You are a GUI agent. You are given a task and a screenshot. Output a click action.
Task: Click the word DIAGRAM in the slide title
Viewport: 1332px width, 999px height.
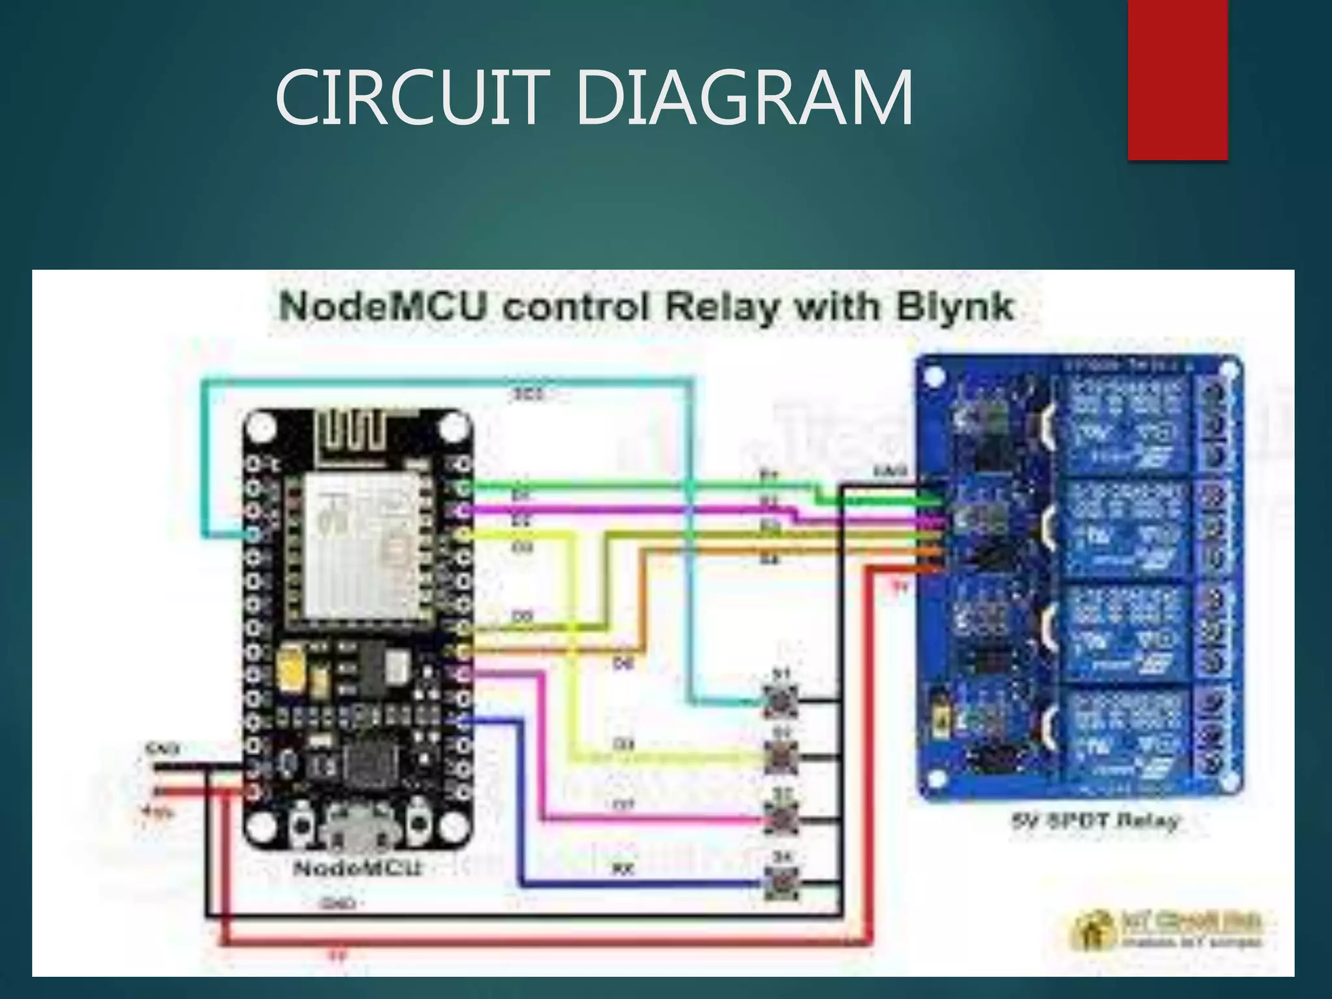click(744, 99)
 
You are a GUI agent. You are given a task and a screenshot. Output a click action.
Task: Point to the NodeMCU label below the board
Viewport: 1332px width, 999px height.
click(358, 868)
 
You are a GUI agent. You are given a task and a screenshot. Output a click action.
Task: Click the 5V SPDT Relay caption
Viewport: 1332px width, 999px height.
click(1095, 821)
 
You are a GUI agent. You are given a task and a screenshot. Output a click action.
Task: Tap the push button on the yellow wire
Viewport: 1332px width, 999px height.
click(780, 758)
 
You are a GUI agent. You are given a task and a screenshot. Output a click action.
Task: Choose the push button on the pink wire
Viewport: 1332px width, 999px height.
click(780, 819)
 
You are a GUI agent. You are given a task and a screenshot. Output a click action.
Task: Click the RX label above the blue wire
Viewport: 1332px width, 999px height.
click(622, 869)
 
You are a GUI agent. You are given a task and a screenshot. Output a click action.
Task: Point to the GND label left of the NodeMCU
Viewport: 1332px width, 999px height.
click(163, 749)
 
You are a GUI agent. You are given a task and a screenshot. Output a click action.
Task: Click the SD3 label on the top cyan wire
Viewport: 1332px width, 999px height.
click(528, 394)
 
